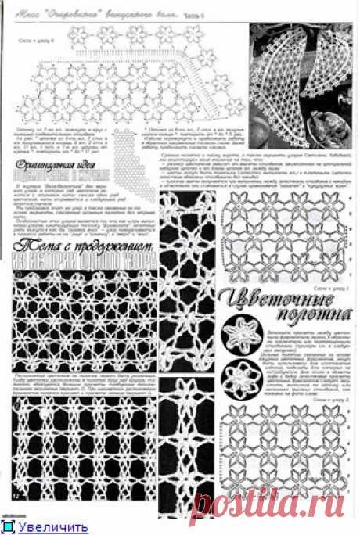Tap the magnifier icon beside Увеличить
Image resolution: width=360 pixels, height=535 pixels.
(x=11, y=528)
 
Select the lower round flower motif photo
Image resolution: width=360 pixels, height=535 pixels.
(x=238, y=379)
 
